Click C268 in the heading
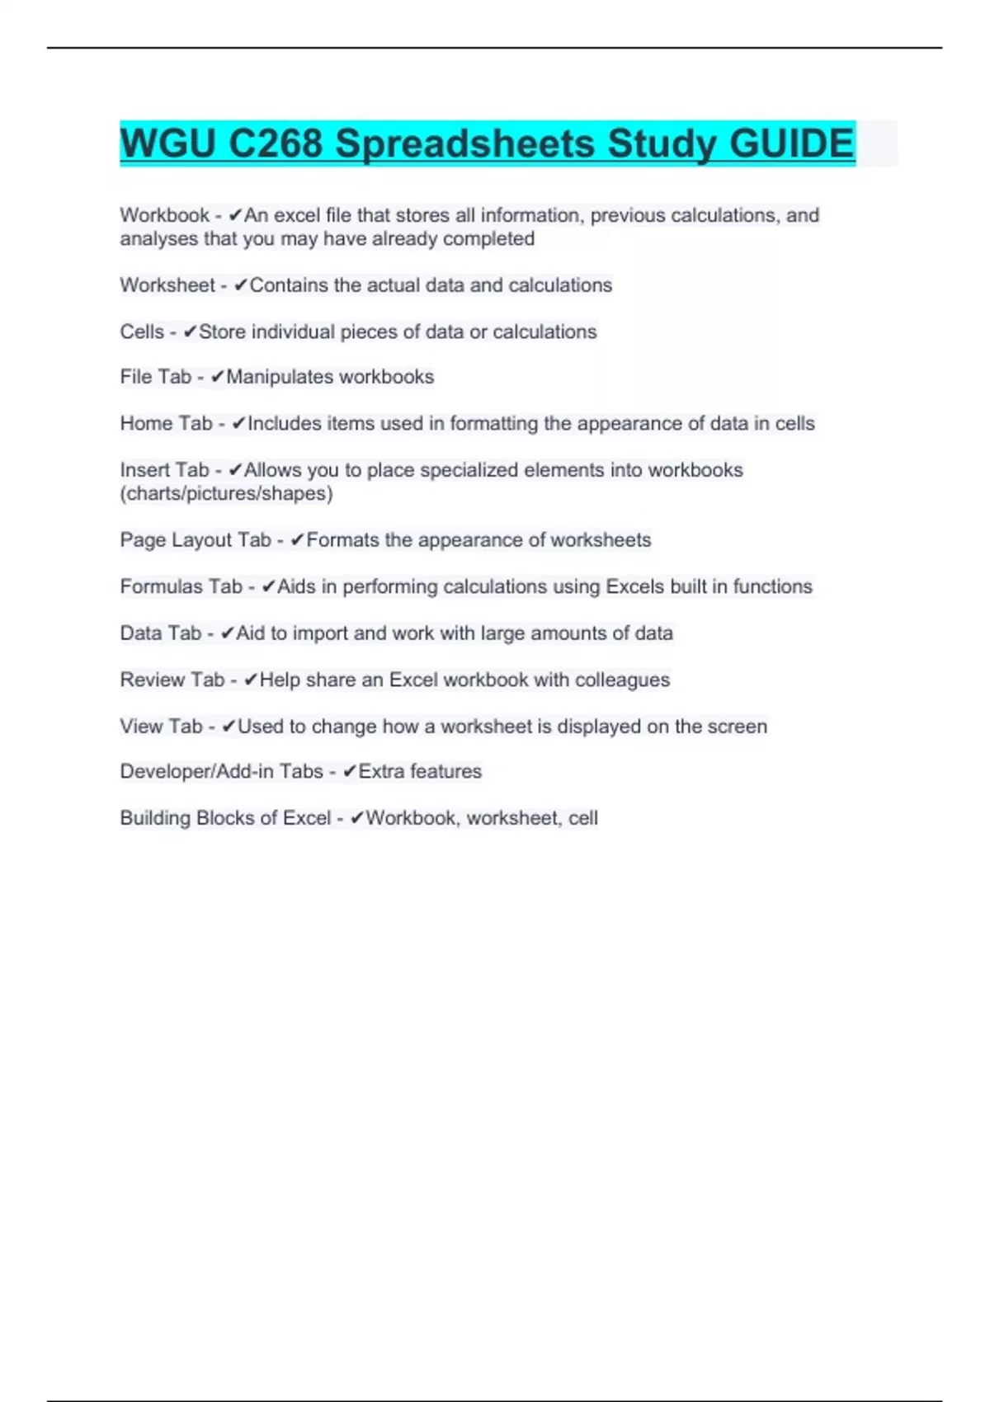(275, 144)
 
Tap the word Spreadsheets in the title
(464, 144)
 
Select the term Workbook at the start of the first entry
(164, 215)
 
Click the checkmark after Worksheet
(241, 285)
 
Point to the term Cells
(142, 332)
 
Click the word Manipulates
(277, 377)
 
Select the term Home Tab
(166, 424)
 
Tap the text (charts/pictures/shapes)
(226, 494)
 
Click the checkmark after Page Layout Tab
(298, 540)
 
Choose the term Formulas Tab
(181, 586)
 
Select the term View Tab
(161, 727)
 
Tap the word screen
(738, 727)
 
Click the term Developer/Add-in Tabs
(221, 772)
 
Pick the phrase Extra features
(420, 772)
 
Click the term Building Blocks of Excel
(225, 818)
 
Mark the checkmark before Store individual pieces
(191, 332)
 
